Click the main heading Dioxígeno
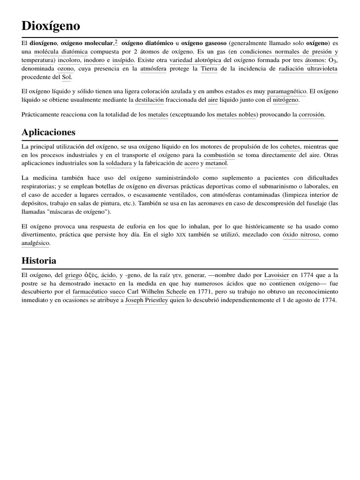[x=51, y=25]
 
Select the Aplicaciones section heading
[x=48, y=132]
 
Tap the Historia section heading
[x=39, y=260]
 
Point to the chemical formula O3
[x=332, y=60]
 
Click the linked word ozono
[x=66, y=69]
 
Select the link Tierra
[x=209, y=69]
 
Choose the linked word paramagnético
[x=287, y=91]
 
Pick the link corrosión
[x=312, y=114]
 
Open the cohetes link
[x=290, y=146]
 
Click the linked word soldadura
[x=119, y=163]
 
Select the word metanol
[x=216, y=163]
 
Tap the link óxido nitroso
[x=301, y=234]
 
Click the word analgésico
[x=36, y=243]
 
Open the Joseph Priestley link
[x=146, y=300]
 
